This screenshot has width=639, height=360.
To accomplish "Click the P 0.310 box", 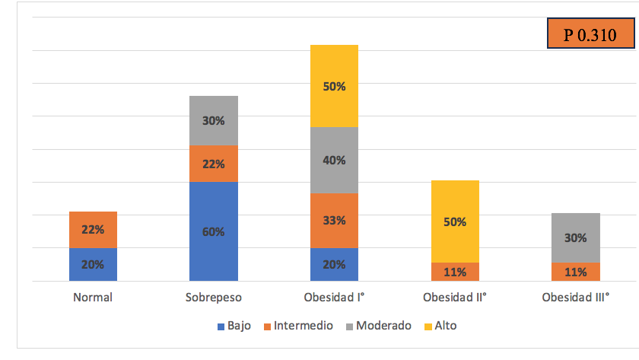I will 590,35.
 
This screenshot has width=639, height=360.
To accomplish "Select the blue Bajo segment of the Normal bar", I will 93,264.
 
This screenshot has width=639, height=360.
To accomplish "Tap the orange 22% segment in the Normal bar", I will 93,230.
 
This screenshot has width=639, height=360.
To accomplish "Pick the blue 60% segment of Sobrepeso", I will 214,231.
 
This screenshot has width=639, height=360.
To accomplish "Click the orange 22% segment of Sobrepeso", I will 214,164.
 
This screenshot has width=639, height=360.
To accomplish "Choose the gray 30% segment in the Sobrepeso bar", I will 214,120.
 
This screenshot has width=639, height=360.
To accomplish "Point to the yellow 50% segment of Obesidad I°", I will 334,86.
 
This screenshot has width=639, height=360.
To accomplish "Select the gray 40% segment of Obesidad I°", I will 334,160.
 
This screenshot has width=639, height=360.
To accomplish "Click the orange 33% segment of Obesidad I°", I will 334,221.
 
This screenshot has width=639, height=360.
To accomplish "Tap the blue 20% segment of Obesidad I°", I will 334,264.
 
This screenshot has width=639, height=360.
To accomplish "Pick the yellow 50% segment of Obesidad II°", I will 455,221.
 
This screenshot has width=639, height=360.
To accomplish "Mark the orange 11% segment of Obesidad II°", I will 455,272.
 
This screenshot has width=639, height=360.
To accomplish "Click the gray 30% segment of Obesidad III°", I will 576,237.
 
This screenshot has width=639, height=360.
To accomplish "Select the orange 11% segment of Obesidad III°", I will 576,272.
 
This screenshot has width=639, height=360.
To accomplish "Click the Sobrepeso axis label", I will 214,297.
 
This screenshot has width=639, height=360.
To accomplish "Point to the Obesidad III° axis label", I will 576,297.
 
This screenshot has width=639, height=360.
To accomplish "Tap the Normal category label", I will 93,297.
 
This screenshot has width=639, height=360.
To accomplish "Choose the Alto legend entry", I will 440,326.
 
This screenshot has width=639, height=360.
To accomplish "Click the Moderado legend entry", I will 380,326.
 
